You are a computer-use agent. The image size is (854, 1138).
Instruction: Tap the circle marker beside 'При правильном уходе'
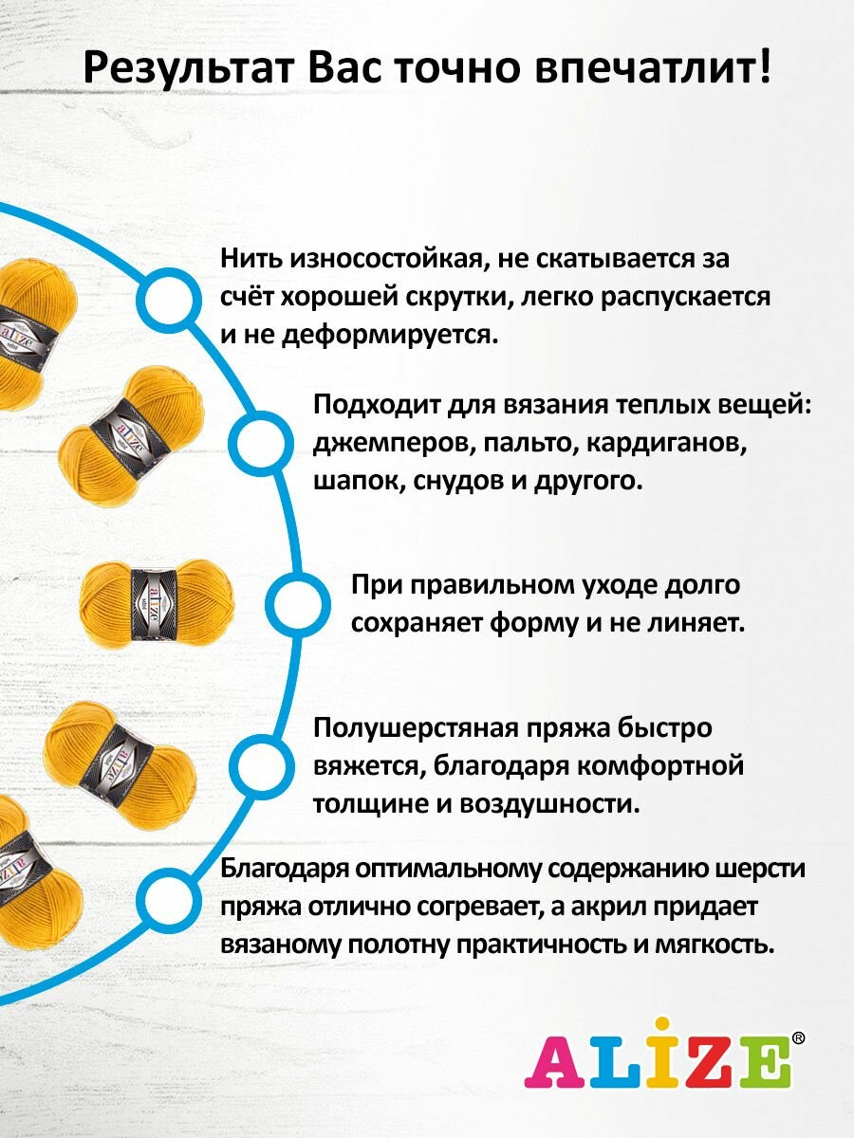[x=296, y=602]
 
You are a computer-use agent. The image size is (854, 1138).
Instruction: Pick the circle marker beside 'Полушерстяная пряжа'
[x=263, y=765]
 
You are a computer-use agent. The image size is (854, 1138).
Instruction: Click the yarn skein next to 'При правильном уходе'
[x=156, y=604]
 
